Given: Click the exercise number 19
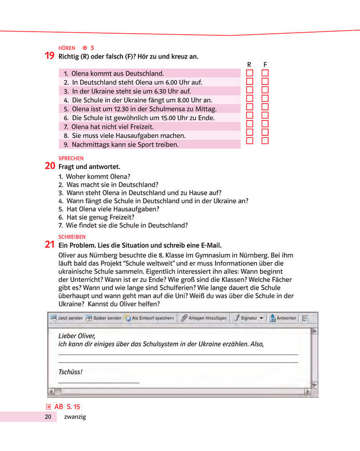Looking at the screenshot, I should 50,56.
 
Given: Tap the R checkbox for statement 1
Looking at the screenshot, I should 249,73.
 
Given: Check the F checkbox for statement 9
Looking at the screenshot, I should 265,140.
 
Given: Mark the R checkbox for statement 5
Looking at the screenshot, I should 249,107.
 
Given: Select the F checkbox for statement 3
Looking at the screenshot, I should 265,90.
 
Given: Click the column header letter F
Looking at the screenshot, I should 265,65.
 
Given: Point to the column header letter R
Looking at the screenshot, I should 249,65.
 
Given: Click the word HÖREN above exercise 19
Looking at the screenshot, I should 67,48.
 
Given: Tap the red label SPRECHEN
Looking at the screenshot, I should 71,158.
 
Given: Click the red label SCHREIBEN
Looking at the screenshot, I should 72,236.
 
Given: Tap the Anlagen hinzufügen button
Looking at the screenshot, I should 204,318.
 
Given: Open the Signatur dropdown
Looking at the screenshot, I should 249,318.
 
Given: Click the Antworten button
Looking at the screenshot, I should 282,318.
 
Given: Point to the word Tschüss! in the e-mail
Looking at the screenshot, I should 70,372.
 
